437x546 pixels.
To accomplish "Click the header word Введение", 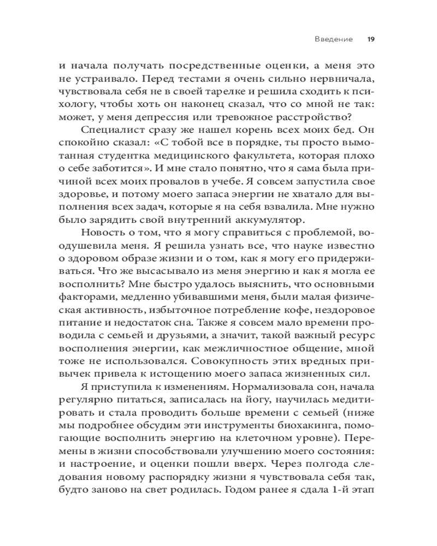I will [x=334, y=39].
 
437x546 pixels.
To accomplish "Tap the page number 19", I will [x=370, y=39].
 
